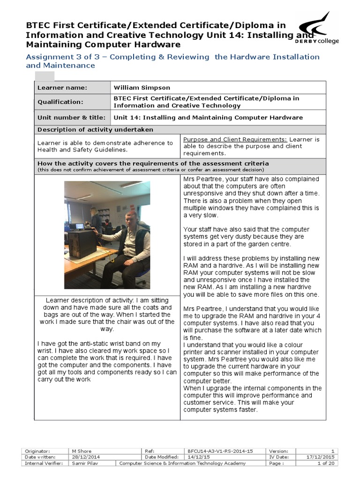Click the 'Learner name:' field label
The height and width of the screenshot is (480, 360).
[x=62, y=88]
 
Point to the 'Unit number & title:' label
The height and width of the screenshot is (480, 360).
[x=71, y=118]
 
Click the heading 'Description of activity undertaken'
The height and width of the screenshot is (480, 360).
[x=95, y=129]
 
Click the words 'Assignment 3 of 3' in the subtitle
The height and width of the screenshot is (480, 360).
[x=55, y=57]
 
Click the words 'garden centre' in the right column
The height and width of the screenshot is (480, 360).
[x=270, y=244]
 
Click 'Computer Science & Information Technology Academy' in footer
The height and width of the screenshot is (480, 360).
[x=182, y=463]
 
